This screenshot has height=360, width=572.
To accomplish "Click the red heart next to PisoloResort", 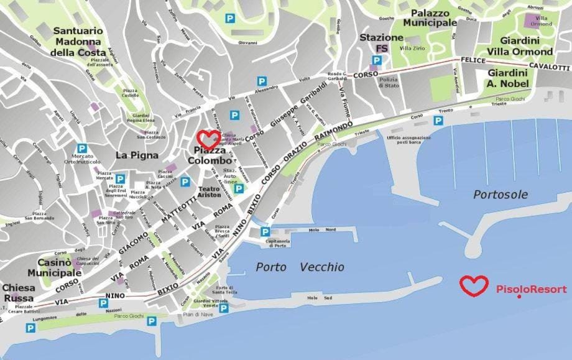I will pyautogui.click(x=475, y=285).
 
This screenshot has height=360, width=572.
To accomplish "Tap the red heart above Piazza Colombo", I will pyautogui.click(x=208, y=138).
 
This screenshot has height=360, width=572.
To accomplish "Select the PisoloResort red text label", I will pyautogui.click(x=531, y=289).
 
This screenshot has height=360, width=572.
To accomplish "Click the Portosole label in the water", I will pyautogui.click(x=500, y=195).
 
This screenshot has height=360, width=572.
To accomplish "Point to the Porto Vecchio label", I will pyautogui.click(x=300, y=267).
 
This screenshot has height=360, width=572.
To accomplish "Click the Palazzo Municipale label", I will pyautogui.click(x=430, y=17).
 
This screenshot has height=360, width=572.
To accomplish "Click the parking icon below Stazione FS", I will pyautogui.click(x=376, y=60).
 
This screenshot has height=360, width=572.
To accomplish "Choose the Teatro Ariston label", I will pyautogui.click(x=209, y=191).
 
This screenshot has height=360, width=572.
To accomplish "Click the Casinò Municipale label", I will pyautogui.click(x=55, y=267).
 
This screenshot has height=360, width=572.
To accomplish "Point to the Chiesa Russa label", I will pyautogui.click(x=19, y=293).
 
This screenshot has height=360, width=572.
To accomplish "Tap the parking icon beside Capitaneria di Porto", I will pyautogui.click(x=264, y=232).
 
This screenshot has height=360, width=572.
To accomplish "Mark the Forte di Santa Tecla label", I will pyautogui.click(x=226, y=290).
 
